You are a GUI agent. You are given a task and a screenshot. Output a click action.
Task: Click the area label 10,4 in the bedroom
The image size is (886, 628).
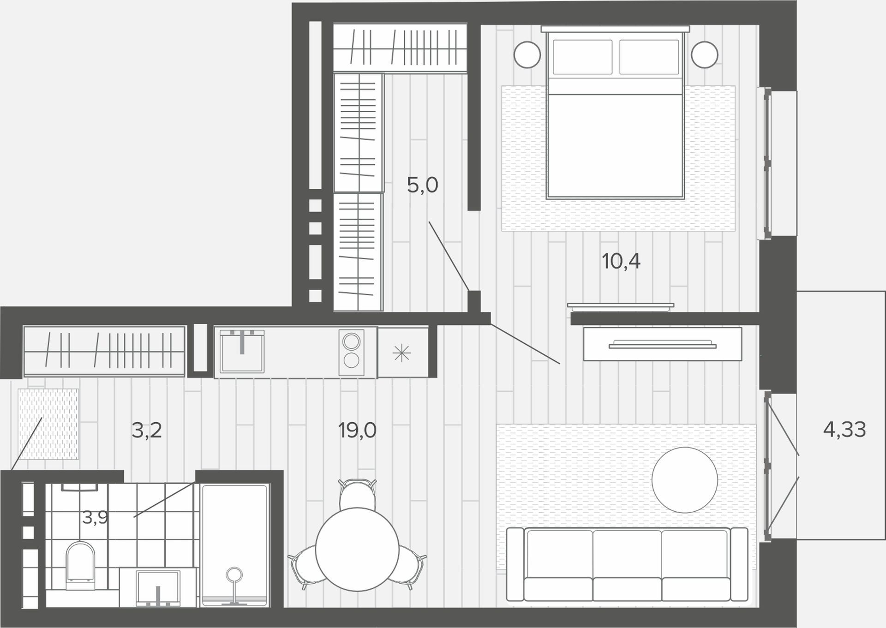tap(621, 262)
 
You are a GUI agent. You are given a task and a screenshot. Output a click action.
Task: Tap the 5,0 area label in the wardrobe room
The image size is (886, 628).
tap(422, 185)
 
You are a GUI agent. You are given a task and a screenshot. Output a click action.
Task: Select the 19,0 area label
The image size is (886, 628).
tap(357, 431)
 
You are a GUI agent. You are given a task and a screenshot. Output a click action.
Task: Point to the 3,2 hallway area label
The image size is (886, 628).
tap(147, 431)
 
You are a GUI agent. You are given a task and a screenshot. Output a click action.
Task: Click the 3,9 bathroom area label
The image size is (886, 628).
tap(95, 517)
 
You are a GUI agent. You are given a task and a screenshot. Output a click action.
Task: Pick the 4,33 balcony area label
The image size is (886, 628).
tap(844, 430)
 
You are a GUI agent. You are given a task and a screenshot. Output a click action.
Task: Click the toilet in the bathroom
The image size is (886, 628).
tap(80, 566)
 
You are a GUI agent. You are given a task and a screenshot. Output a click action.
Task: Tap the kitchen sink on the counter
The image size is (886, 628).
tap(242, 351)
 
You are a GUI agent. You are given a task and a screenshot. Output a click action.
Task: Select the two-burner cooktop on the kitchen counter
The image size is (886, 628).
tap(351, 352)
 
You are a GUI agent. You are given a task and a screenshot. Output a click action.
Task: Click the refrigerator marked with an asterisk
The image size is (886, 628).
tap(402, 353)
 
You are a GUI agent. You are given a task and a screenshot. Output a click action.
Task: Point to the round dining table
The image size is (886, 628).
tap(357, 549)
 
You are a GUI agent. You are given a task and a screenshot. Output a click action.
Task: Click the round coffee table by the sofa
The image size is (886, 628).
tap(685, 480)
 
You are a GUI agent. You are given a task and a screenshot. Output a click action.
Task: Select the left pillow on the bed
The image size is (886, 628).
tap(582, 57)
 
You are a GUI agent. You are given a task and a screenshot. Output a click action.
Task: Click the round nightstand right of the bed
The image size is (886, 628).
tap(705, 55)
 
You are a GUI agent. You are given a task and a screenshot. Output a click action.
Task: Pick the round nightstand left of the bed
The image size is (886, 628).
tap(527, 55)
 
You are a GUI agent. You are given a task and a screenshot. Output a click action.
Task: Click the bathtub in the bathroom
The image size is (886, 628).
tap(235, 545)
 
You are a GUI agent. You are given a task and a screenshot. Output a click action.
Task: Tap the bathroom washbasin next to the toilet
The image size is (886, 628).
tap(158, 587)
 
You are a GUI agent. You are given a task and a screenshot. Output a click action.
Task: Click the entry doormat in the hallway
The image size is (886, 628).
tap(48, 424)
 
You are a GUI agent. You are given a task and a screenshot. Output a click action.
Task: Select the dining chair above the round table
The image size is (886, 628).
tap(357, 494)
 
